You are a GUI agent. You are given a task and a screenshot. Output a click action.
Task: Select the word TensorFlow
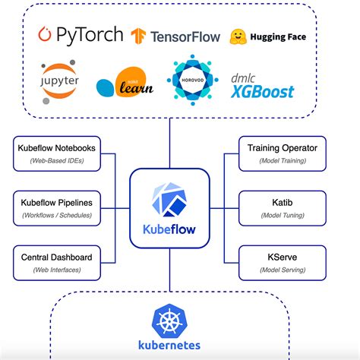tap(185, 36)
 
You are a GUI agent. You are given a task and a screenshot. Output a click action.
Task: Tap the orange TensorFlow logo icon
tap(138, 36)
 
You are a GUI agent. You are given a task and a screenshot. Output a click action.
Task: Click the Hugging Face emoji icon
tap(238, 36)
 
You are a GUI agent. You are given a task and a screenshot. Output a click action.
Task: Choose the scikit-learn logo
tap(125, 84)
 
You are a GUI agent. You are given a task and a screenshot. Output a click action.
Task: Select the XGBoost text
tap(264, 91)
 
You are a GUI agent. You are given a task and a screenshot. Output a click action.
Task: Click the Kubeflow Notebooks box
tap(58, 153)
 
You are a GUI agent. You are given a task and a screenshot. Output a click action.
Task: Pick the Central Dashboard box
tap(58, 262)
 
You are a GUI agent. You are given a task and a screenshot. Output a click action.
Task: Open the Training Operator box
tap(282, 153)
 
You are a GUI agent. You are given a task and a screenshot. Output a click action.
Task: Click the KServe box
tap(282, 262)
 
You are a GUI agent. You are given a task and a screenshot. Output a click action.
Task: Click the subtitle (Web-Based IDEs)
tap(58, 160)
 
